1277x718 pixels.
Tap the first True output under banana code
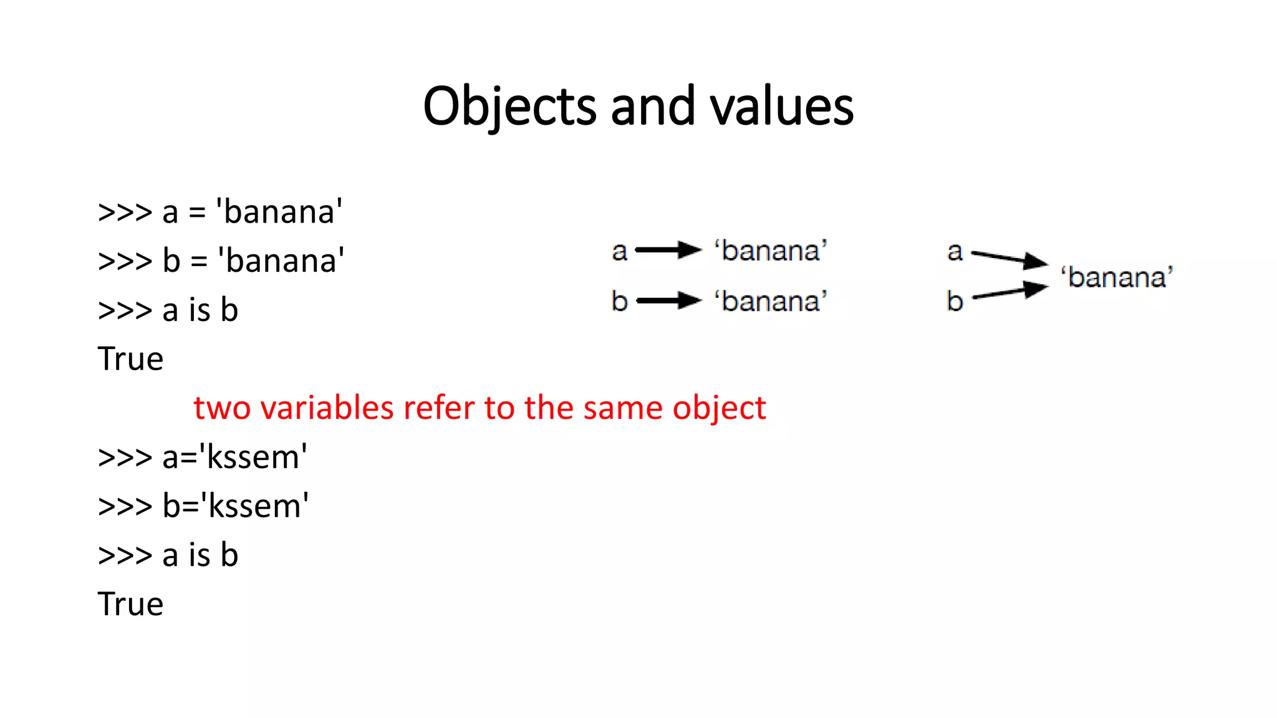click(x=130, y=359)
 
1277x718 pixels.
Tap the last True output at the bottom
click(x=130, y=604)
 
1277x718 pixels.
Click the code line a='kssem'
click(x=203, y=457)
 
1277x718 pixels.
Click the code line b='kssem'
click(x=203, y=505)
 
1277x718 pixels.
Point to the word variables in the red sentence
click(x=327, y=408)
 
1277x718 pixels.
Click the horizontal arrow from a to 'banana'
click(x=668, y=251)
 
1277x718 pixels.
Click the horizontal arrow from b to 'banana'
click(x=668, y=301)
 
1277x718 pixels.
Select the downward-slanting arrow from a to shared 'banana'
click(x=1010, y=258)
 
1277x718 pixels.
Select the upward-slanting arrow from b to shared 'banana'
click(x=1010, y=292)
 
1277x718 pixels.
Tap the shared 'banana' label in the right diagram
click(x=1117, y=277)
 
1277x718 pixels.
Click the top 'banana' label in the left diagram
click(x=771, y=251)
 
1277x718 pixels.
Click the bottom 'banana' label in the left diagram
click(x=771, y=301)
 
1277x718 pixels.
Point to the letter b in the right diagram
click(x=955, y=301)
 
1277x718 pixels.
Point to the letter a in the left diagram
click(x=619, y=251)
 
